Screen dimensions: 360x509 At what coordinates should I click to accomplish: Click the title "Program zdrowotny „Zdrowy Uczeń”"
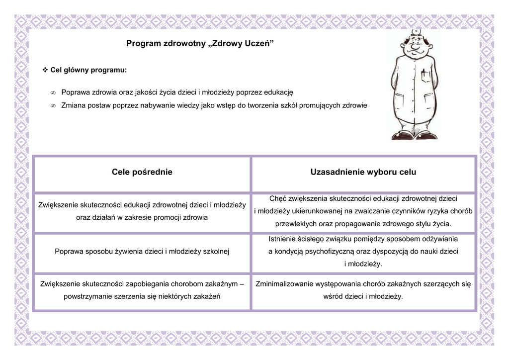(x=200, y=44)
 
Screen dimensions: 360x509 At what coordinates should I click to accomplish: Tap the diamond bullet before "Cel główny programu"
(x=45, y=70)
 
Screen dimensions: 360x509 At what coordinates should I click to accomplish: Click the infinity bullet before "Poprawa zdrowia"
(x=53, y=92)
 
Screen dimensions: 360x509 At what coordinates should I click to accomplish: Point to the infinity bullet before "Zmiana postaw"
(x=53, y=105)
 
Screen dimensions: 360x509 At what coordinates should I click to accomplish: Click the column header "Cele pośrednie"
(x=142, y=172)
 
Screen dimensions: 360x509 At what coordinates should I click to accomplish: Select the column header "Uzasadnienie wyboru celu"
(x=363, y=172)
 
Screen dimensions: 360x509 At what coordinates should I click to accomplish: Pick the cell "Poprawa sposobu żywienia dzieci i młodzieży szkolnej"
(x=142, y=251)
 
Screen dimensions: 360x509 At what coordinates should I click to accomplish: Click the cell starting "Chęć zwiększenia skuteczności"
(x=363, y=211)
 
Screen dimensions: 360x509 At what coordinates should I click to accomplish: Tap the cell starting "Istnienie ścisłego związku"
(x=363, y=251)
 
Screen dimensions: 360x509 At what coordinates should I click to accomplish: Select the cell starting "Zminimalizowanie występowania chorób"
(x=363, y=290)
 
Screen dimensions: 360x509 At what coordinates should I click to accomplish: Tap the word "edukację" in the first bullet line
(x=279, y=92)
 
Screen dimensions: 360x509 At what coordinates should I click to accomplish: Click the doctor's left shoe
(x=427, y=135)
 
